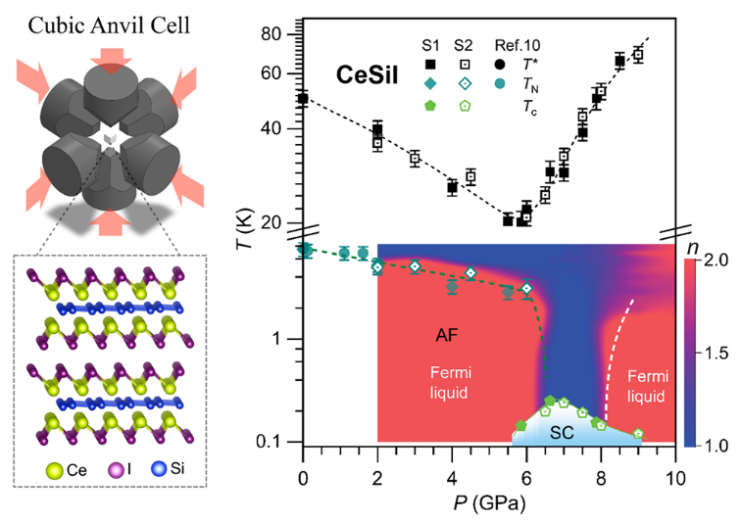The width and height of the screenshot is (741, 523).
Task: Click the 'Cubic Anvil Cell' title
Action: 109,25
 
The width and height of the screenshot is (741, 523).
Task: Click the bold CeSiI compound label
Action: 368,75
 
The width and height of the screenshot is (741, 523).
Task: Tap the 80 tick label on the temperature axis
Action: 271,34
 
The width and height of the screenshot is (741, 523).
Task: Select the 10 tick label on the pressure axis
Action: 674,479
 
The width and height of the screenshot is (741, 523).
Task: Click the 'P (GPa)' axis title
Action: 489,503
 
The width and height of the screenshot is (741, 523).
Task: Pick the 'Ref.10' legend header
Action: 517,45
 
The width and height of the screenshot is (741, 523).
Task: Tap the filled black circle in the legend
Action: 500,64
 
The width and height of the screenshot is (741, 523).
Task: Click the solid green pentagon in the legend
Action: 430,105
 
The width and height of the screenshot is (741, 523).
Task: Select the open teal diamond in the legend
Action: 464,84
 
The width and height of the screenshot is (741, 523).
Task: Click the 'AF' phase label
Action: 447,336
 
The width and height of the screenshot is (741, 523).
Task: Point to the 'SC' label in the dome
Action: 562,432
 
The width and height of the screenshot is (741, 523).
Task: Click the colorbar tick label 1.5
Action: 716,354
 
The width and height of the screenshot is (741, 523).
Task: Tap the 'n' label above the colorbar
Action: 692,248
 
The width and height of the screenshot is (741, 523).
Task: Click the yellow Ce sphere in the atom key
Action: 54,470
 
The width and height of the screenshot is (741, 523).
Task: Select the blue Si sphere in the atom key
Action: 159,469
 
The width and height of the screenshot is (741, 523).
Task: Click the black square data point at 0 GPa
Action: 303,99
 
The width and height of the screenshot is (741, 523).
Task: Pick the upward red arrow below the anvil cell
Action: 110,222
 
